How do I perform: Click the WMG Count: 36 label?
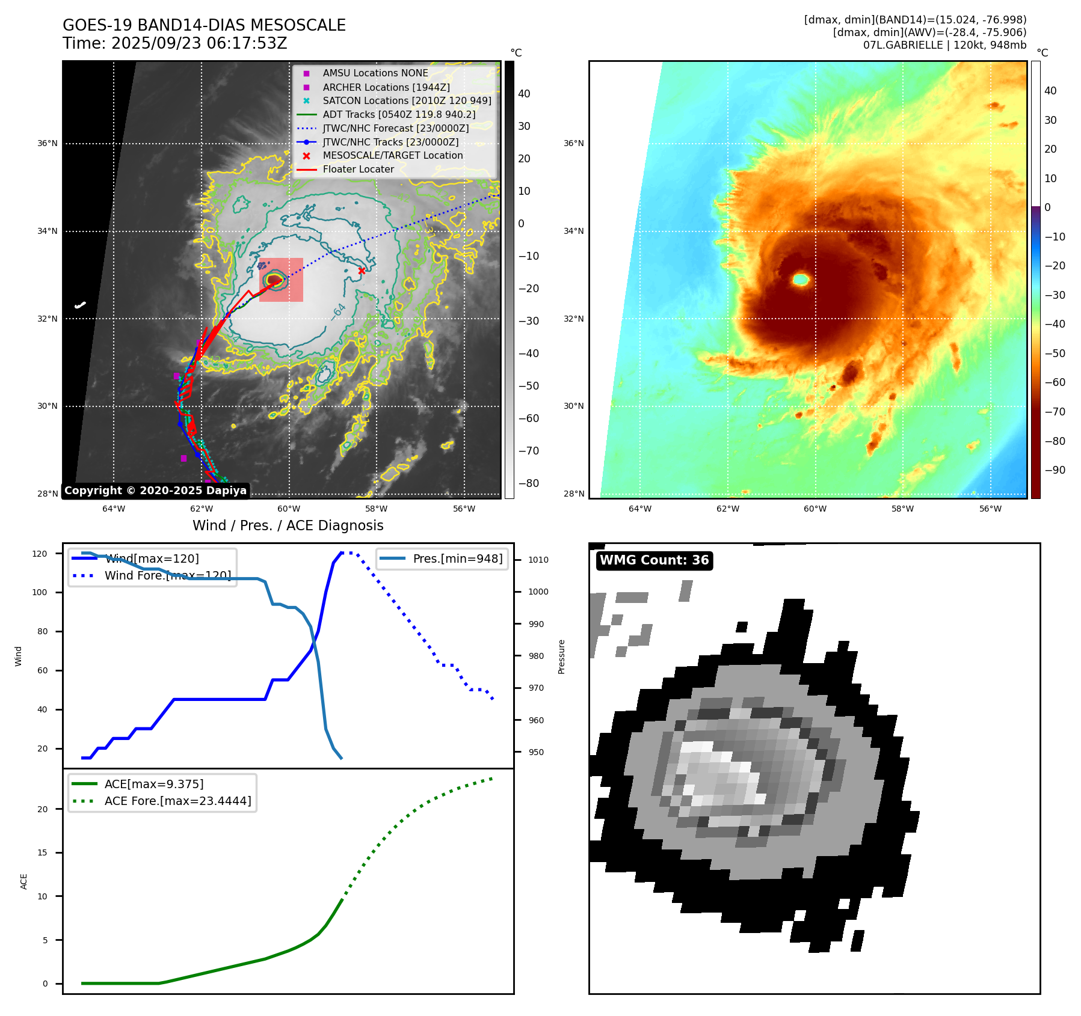[654, 560]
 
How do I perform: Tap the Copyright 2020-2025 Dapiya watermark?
[155, 491]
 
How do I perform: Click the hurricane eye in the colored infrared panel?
[801, 279]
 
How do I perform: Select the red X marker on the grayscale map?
[362, 271]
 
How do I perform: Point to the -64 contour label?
[339, 311]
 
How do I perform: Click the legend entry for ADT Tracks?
[399, 114]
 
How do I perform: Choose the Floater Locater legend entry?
[358, 170]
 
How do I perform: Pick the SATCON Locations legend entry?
[407, 100]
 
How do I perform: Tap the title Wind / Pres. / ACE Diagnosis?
[288, 525]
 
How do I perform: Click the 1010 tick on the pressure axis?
[538, 560]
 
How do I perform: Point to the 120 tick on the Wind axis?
[40, 554]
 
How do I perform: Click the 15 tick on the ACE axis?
[42, 852]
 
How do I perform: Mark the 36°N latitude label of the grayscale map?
[48, 144]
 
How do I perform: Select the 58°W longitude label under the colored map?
[902, 509]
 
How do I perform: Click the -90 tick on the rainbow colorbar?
[1055, 470]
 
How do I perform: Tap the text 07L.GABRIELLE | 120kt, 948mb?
[944, 45]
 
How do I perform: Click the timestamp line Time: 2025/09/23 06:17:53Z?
[175, 43]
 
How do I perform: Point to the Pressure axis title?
[561, 656]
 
